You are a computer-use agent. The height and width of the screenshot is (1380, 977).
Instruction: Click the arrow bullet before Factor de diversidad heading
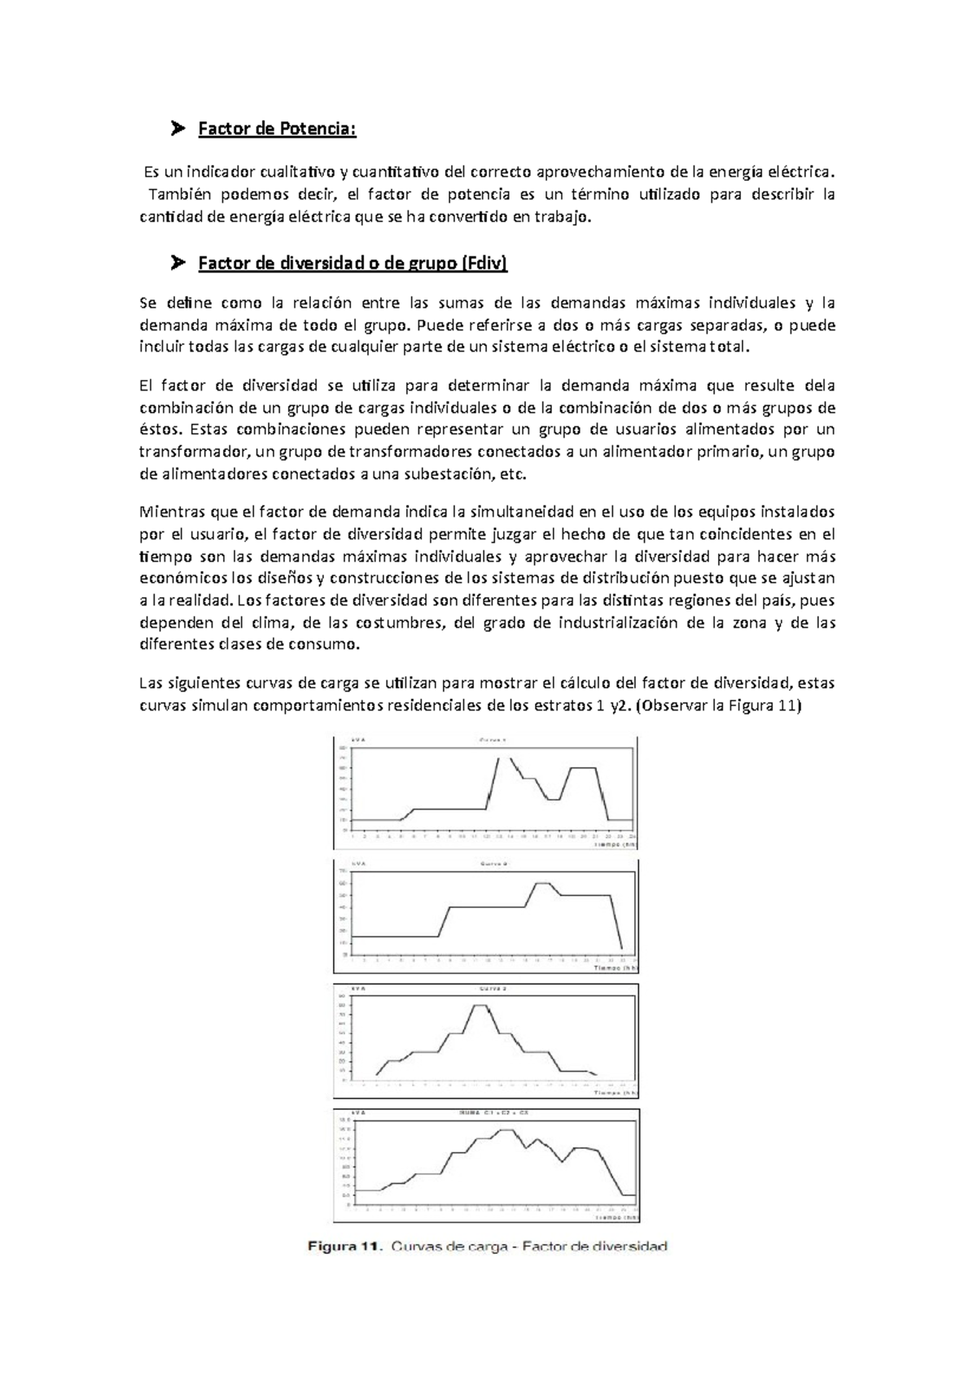[x=177, y=263]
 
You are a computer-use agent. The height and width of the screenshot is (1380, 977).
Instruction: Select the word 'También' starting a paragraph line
[x=178, y=194]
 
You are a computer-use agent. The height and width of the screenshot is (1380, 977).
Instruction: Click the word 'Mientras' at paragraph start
[x=169, y=513]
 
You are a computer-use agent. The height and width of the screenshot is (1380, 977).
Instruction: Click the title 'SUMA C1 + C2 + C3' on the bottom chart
[x=489, y=1113]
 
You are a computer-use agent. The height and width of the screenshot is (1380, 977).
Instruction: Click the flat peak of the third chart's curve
[x=481, y=1006]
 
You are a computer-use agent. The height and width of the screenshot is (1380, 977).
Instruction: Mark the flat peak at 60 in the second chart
[x=542, y=883]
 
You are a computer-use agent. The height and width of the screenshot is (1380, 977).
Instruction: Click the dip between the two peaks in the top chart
[x=553, y=800]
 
